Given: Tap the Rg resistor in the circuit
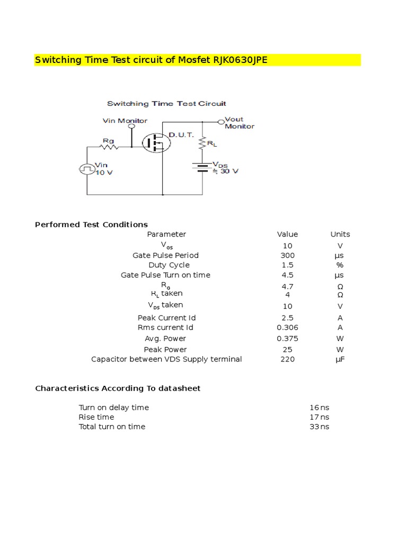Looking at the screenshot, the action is [x=109, y=148].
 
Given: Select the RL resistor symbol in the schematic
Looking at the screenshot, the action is [x=202, y=142].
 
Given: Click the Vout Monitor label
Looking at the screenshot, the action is [x=239, y=123].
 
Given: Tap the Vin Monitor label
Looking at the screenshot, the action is [x=125, y=121].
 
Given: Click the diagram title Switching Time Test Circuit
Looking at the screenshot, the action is [x=166, y=104].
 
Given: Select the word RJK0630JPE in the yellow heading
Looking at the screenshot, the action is [x=241, y=60].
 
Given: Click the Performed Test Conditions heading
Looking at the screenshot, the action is [x=91, y=224].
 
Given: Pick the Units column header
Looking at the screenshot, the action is [x=340, y=234].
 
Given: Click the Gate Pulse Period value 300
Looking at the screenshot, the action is [x=287, y=255].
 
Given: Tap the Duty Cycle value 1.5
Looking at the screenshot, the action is [x=287, y=265].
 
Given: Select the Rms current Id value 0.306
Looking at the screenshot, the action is [x=287, y=328].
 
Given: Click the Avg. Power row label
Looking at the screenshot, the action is [x=165, y=338].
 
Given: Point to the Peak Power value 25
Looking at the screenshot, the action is [x=287, y=349].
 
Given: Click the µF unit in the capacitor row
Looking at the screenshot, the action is [x=340, y=359].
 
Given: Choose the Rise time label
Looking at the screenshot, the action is [x=96, y=417].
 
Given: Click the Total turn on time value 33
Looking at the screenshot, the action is [x=314, y=427].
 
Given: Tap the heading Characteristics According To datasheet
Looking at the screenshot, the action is [x=118, y=388].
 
